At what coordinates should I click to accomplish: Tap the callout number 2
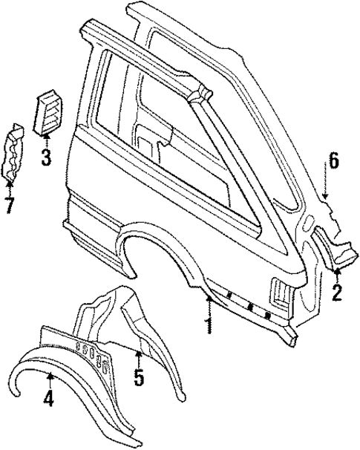337,293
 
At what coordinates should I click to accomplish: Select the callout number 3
45,157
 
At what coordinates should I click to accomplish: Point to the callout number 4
48,400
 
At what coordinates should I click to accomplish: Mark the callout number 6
333,160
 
